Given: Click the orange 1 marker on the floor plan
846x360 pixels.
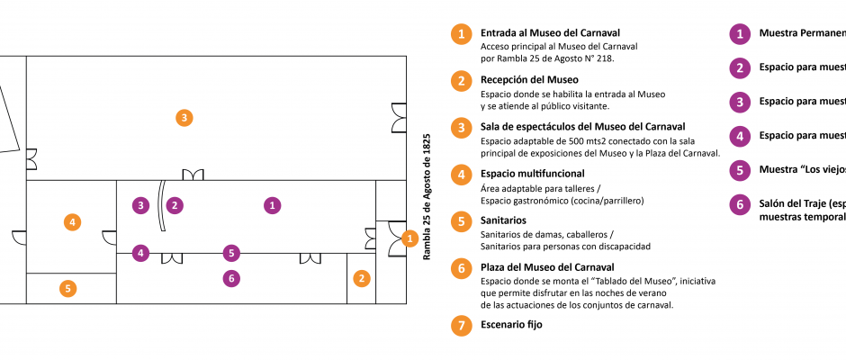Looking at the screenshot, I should pyautogui.click(x=409, y=238).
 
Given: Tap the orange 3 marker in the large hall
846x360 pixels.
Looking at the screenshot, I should pyautogui.click(x=184, y=117).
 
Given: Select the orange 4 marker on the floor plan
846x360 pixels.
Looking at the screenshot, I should pyautogui.click(x=72, y=221).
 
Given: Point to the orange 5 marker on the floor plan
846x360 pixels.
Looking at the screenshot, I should pyautogui.click(x=67, y=289).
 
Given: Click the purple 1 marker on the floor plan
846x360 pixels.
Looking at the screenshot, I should pyautogui.click(x=272, y=205).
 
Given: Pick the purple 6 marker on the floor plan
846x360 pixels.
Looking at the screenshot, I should pyautogui.click(x=232, y=279).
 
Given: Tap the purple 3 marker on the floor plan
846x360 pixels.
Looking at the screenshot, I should pyautogui.click(x=140, y=205).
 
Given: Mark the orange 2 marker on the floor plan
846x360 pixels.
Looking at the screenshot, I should pyautogui.click(x=361, y=278).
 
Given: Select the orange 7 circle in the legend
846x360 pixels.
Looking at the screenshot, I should pyautogui.click(x=461, y=326).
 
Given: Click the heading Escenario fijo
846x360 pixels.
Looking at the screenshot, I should pyautogui.click(x=511, y=325).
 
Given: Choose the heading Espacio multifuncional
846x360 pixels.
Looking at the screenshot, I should pyautogui.click(x=533, y=173).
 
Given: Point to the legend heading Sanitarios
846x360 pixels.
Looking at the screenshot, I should pyautogui.click(x=504, y=220).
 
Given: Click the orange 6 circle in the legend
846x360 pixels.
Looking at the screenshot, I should pyautogui.click(x=461, y=268).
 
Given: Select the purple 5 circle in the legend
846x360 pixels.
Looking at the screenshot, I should pyautogui.click(x=740, y=170).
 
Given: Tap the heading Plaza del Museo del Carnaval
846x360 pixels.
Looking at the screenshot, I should pyautogui.click(x=547, y=266).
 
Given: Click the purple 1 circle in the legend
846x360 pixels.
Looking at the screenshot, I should pyautogui.click(x=740, y=34).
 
